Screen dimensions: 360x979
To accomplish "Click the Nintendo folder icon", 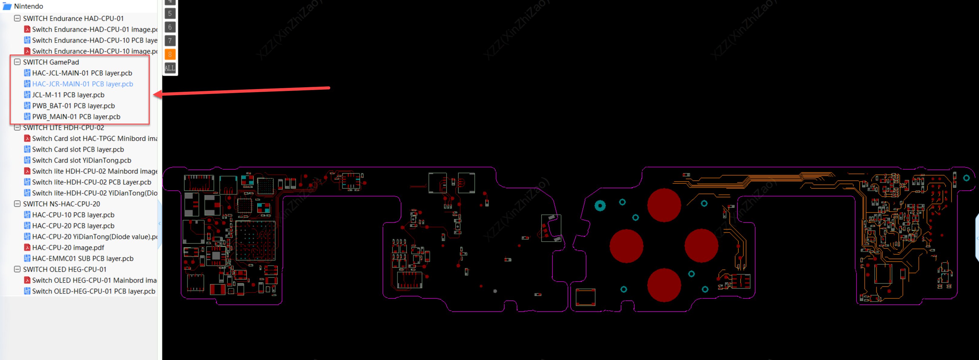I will [7, 6].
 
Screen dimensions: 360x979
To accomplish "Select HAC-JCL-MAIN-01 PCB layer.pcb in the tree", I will [82, 73].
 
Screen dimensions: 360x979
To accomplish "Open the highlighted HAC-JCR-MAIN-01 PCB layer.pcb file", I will [82, 84].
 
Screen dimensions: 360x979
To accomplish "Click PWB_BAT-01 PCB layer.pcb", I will [73, 106].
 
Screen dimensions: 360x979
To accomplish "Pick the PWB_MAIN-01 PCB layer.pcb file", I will [76, 117].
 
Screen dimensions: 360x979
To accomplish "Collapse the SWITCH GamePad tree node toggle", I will [17, 62].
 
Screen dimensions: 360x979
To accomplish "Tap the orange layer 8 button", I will [170, 54].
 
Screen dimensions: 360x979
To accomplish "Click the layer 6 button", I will [170, 27].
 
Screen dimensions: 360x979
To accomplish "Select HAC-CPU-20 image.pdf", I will [68, 248].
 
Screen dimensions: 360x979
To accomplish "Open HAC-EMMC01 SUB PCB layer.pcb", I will [82, 258].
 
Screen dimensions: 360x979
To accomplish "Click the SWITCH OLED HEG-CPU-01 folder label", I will [65, 269].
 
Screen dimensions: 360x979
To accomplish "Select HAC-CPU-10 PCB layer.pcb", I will [73, 215].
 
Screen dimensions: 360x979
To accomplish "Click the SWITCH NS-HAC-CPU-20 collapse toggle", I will [17, 204].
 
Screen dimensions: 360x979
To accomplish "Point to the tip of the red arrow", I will [154, 94].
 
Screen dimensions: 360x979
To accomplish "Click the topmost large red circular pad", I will [664, 205].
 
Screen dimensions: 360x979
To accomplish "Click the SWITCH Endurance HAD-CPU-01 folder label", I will [73, 18].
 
